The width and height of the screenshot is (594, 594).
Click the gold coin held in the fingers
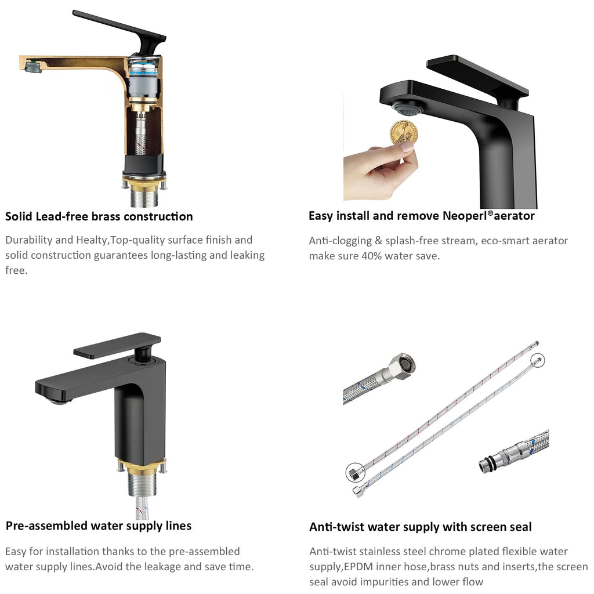tap(404, 133)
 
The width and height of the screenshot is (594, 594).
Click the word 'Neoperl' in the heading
tap(465, 216)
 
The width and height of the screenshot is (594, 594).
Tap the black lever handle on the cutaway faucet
tap(121, 30)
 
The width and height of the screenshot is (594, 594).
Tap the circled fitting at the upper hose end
tap(537, 360)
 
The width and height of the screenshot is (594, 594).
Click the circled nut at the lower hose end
tap(355, 473)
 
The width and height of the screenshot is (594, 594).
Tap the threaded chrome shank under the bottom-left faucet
tap(142, 484)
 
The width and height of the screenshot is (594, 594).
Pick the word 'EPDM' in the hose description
tap(357, 567)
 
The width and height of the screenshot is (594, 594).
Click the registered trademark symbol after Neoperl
tap(490, 213)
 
